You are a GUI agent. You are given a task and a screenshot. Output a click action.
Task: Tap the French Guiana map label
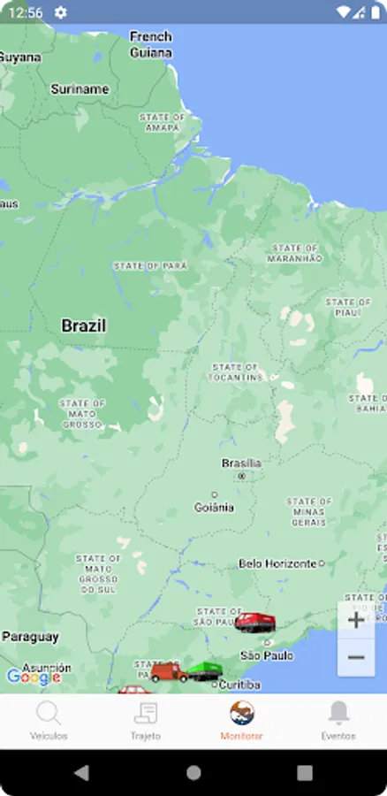(150, 43)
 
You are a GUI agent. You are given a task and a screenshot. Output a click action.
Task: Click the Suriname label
(80, 88)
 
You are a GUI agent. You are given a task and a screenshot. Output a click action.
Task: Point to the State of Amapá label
(162, 122)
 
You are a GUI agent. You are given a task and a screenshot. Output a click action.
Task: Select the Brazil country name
(83, 325)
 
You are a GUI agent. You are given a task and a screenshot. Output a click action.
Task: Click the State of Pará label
(150, 265)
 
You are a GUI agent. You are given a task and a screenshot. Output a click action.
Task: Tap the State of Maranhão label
(295, 253)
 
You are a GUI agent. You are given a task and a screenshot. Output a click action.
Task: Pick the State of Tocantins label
(236, 371)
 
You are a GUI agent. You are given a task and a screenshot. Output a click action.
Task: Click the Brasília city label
(241, 463)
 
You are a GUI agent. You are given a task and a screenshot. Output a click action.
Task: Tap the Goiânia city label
(214, 507)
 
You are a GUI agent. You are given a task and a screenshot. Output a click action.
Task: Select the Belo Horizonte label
(277, 563)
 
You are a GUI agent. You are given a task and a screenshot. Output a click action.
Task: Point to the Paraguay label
(30, 636)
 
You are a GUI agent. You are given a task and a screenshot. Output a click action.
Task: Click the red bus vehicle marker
(254, 622)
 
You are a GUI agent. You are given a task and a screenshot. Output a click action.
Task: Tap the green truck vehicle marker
(205, 671)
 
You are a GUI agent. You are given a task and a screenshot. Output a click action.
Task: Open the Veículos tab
(49, 721)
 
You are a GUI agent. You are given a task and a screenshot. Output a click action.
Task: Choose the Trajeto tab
(146, 721)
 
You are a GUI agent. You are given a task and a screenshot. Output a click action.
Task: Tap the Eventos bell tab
(338, 721)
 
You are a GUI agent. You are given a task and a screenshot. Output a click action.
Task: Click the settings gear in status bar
(60, 12)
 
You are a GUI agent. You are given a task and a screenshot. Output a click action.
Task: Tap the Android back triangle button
(81, 772)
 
